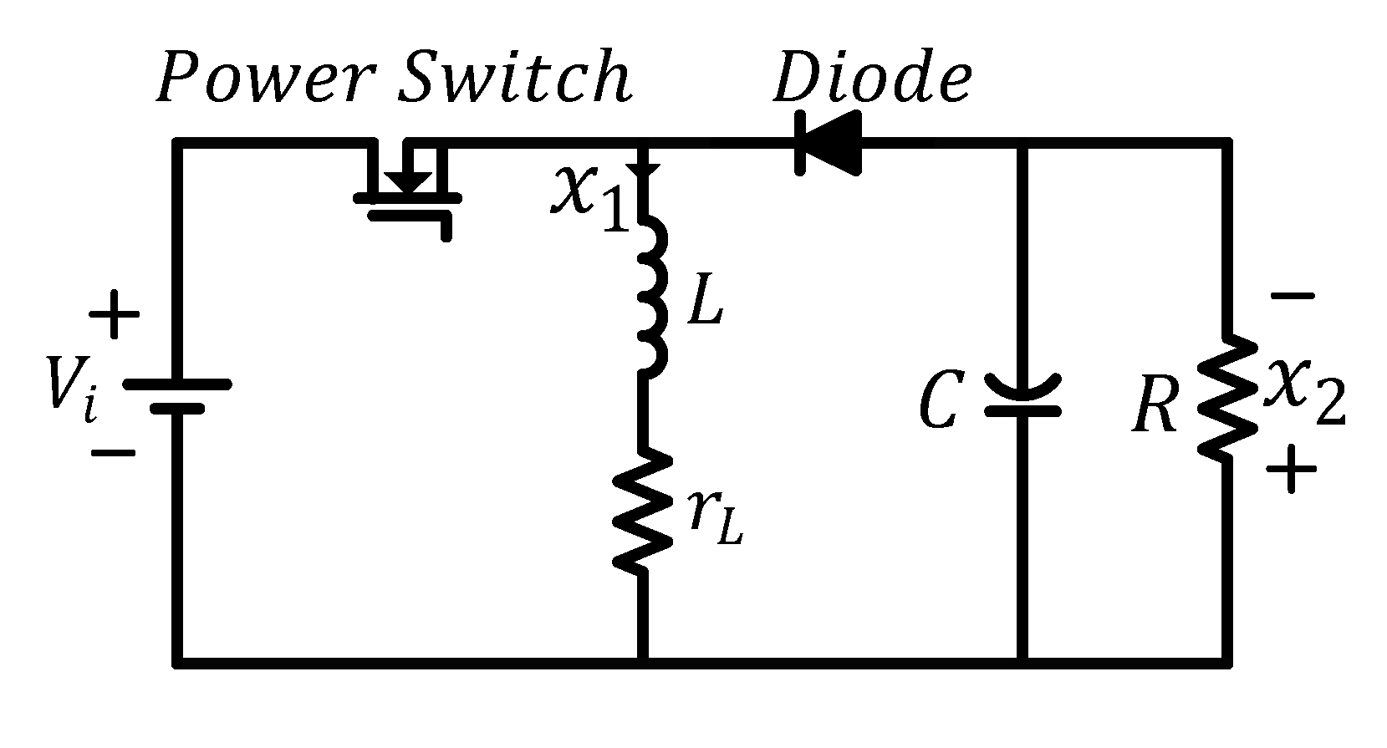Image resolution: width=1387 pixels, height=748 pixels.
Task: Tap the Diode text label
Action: point(872,80)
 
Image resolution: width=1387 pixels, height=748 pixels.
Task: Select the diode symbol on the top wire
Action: point(828,144)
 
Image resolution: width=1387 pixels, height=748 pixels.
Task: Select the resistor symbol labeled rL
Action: point(642,511)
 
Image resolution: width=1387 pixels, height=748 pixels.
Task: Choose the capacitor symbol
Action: point(1022,397)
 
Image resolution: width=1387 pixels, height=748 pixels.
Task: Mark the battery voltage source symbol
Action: point(176,396)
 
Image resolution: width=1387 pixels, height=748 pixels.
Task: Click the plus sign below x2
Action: point(1291,469)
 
